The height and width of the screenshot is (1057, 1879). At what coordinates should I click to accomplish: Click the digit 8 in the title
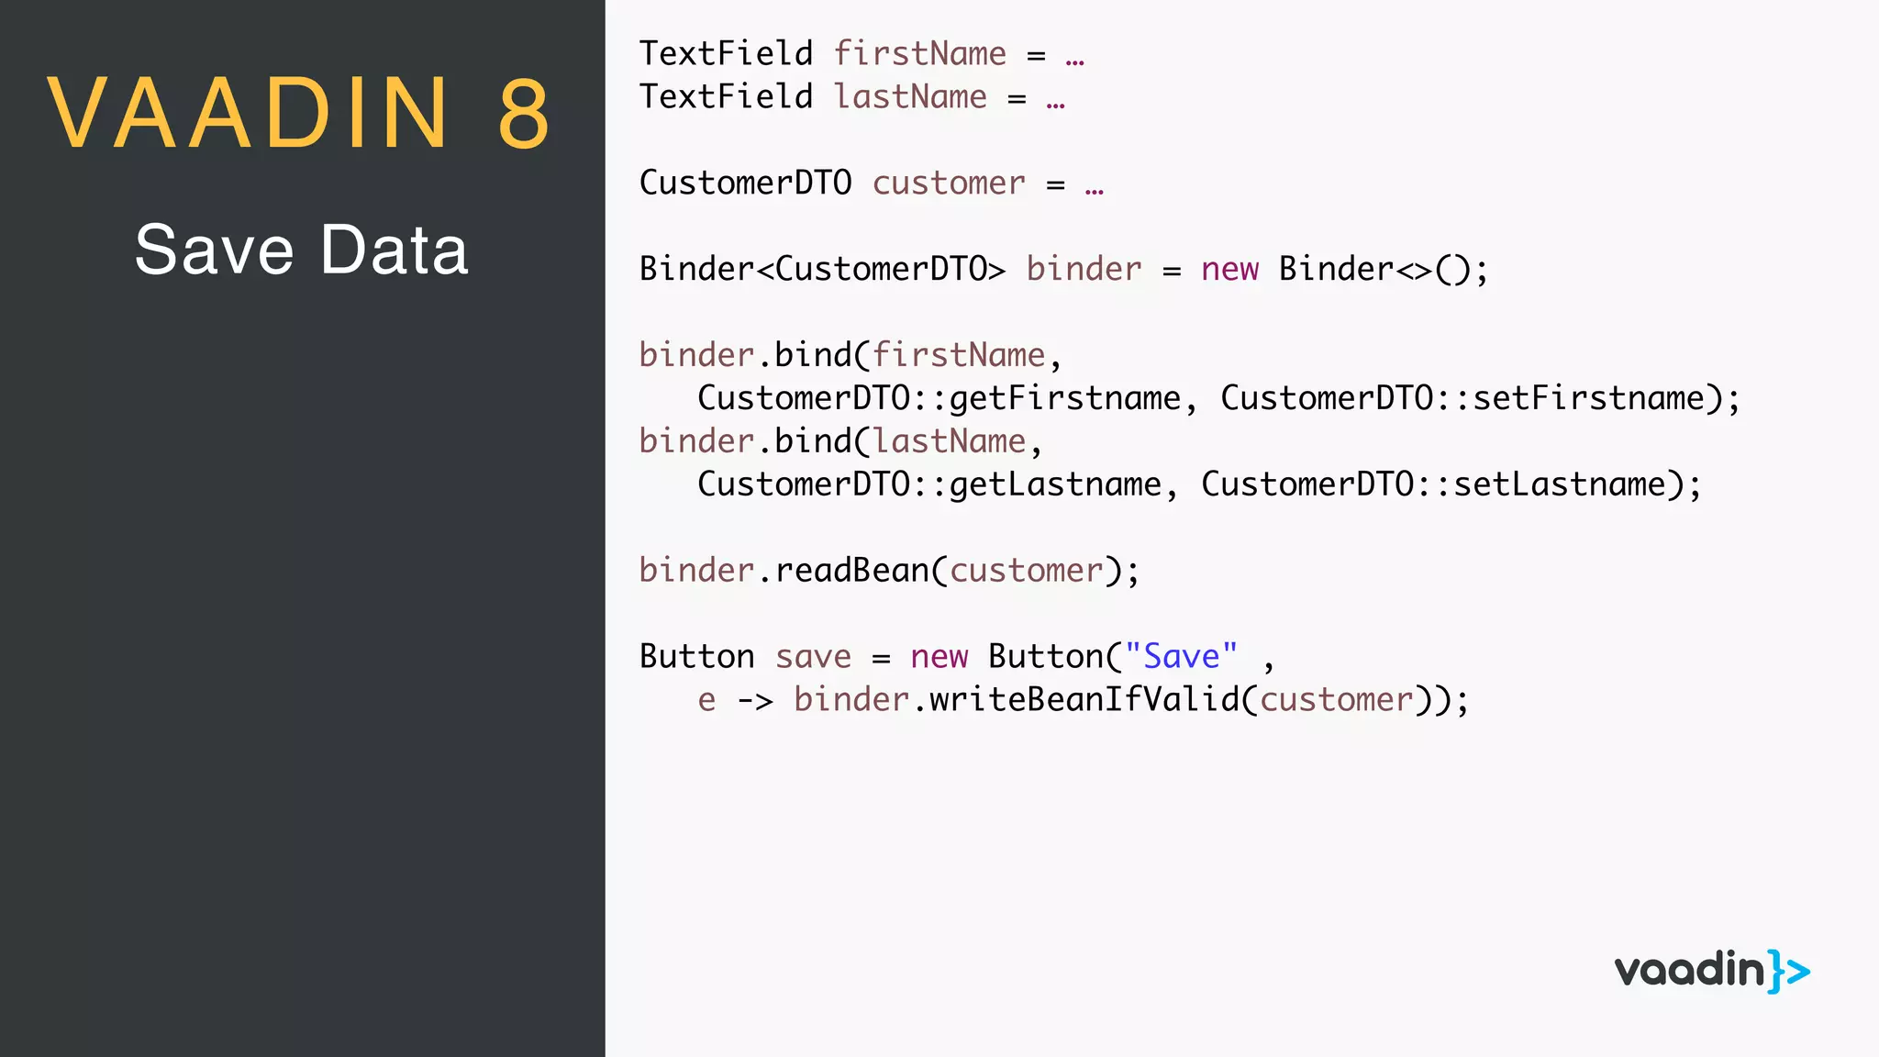524,114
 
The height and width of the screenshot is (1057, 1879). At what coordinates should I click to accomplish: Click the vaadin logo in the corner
1712,971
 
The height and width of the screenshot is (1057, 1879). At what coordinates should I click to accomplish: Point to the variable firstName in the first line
919,54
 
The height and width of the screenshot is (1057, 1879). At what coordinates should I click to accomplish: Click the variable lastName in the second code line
910,97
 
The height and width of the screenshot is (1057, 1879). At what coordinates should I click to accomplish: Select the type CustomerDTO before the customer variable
745,184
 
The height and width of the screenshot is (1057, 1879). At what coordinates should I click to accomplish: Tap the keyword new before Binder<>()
1229,270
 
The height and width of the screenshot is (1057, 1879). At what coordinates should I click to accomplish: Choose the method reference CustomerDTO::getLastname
928,484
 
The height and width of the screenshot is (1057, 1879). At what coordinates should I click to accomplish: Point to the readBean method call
851,571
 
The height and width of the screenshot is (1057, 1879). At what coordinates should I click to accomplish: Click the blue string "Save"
1181,657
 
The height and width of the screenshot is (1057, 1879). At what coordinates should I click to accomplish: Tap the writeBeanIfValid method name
1084,700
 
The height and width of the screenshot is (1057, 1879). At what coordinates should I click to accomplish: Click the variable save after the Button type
813,657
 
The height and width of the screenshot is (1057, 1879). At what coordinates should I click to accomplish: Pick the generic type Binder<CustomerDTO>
822,270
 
